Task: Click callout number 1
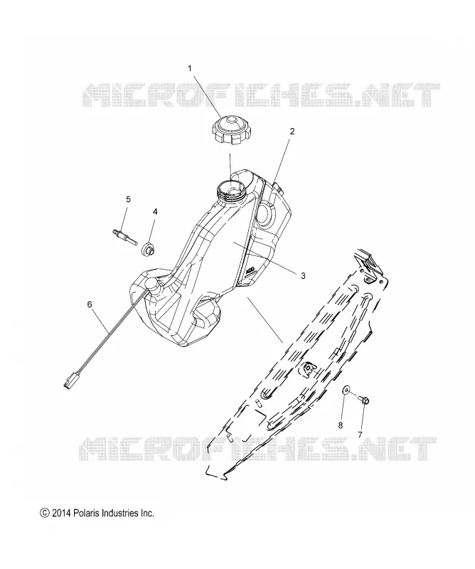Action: (x=190, y=68)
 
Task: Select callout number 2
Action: (x=292, y=132)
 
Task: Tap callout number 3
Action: (x=303, y=276)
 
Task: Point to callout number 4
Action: (x=155, y=211)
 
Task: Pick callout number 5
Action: (x=128, y=199)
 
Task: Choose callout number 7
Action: (x=360, y=434)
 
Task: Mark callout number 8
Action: (x=341, y=425)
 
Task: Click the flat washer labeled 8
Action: (x=347, y=390)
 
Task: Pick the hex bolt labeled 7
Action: (x=362, y=400)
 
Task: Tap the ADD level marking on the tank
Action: (x=251, y=270)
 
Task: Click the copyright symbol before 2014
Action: (x=44, y=513)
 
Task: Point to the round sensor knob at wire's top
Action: (x=151, y=283)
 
